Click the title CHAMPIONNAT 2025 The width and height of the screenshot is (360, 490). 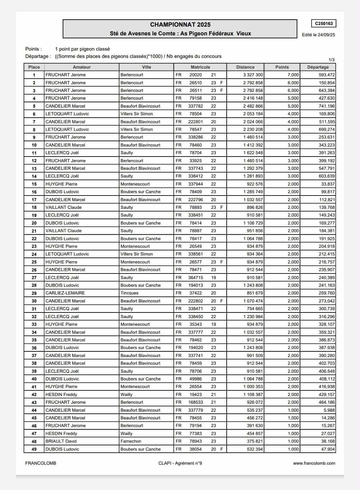click(180, 25)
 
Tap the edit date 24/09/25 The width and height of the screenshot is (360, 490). click(326, 35)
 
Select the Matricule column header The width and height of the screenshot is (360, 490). click(200, 67)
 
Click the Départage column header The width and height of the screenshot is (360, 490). click(318, 67)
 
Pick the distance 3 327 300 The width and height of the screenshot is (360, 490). click(253, 75)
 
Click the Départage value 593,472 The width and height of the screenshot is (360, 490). click(327, 75)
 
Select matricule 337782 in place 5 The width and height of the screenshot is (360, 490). click(196, 106)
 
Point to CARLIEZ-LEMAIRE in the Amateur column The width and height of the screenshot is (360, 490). click(65, 293)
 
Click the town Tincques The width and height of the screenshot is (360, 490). click(129, 293)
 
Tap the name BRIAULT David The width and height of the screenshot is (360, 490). click(61, 441)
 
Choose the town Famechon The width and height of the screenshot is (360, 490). click(131, 441)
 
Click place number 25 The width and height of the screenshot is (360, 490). click(34, 262)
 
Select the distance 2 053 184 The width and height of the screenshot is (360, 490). click(253, 114)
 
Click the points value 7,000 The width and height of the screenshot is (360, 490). click(293, 75)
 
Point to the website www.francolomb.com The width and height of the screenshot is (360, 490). click(314, 463)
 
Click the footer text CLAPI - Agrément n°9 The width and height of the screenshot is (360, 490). click(180, 463)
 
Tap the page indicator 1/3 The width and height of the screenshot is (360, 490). click(332, 60)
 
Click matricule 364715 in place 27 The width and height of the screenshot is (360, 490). click(196, 277)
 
